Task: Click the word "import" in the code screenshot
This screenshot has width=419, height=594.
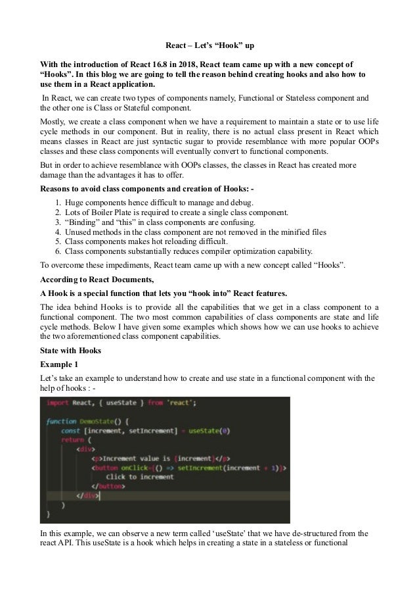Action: pos(60,403)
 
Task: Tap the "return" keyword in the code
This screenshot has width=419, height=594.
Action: pos(73,439)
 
